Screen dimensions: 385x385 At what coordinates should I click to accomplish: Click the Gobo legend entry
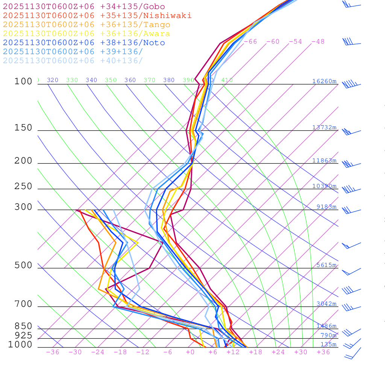[84, 7]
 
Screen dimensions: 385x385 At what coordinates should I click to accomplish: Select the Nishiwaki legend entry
[97, 16]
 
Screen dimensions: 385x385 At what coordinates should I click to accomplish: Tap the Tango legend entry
[86, 25]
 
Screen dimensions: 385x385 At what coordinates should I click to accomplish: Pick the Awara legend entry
[86, 34]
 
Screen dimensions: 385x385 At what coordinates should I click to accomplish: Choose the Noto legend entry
[84, 43]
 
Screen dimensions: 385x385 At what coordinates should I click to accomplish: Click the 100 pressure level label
[23, 81]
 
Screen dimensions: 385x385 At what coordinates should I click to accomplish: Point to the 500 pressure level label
[23, 265]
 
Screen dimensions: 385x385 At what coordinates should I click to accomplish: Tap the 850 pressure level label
[23, 326]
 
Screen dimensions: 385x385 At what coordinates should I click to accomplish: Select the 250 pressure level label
[23, 186]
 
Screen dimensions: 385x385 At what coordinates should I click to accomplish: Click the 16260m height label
[324, 81]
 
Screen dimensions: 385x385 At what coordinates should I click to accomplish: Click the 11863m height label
[324, 161]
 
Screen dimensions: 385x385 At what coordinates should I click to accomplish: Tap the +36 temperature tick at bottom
[323, 352]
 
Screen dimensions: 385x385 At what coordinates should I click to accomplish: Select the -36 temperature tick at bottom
[53, 352]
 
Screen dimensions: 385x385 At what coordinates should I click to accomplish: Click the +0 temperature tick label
[190, 352]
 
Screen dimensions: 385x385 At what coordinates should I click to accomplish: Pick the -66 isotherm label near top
[250, 42]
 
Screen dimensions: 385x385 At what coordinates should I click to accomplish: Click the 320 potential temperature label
[53, 80]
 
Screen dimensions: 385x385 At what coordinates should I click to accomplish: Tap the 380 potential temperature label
[169, 80]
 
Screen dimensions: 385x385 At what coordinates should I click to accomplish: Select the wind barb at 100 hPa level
[351, 84]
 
